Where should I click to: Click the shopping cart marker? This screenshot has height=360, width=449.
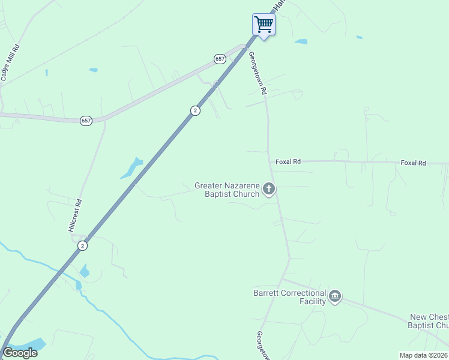pyautogui.click(x=264, y=25)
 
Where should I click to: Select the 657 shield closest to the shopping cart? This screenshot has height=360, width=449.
pyautogui.click(x=219, y=58)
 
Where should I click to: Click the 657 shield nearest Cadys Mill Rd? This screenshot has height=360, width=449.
pyautogui.click(x=86, y=121)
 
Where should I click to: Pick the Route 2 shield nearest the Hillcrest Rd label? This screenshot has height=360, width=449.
pyautogui.click(x=82, y=245)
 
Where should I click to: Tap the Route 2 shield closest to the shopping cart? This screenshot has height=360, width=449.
pyautogui.click(x=195, y=110)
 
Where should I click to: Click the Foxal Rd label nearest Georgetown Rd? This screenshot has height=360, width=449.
pyautogui.click(x=288, y=162)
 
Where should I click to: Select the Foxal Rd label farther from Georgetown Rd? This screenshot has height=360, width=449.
pyautogui.click(x=413, y=163)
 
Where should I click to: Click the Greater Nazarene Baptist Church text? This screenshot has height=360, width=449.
pyautogui.click(x=227, y=190)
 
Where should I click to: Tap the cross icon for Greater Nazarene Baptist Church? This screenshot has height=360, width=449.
pyautogui.click(x=269, y=190)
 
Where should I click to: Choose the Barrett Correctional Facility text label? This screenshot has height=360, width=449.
pyautogui.click(x=289, y=297)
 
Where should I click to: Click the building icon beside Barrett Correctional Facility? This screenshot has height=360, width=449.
pyautogui.click(x=335, y=296)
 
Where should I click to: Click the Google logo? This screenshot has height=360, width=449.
pyautogui.click(x=20, y=353)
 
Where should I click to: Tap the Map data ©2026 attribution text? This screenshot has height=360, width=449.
pyautogui.click(x=423, y=355)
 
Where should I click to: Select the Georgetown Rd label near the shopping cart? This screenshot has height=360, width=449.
pyautogui.click(x=258, y=73)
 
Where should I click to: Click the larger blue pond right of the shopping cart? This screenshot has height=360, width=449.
pyautogui.click(x=301, y=41)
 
